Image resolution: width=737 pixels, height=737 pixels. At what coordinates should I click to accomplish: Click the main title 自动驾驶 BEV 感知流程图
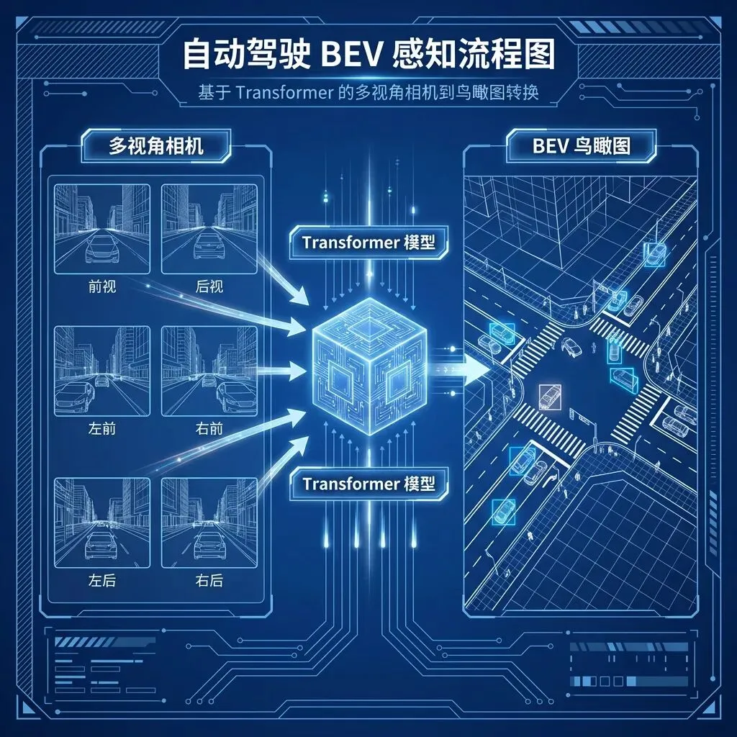pyautogui.click(x=368, y=55)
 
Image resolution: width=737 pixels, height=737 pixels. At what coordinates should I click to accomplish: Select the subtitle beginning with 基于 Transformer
pyautogui.click(x=368, y=95)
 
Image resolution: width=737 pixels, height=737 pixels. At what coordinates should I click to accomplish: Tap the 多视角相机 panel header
pyautogui.click(x=156, y=146)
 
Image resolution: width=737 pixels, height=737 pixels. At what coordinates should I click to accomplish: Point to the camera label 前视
pyautogui.click(x=102, y=286)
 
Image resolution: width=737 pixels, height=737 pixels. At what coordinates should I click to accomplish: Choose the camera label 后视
pyautogui.click(x=209, y=286)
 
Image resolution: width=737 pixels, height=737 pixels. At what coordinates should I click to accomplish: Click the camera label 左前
pyautogui.click(x=102, y=429)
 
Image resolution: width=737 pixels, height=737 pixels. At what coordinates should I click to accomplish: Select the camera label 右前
pyautogui.click(x=209, y=429)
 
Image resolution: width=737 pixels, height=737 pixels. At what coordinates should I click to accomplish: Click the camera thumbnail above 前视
pyautogui.click(x=102, y=229)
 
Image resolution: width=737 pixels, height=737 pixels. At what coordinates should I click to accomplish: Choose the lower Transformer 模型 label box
pyautogui.click(x=368, y=483)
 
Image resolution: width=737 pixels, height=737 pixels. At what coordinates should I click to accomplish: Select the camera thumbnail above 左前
pyautogui.click(x=102, y=370)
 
